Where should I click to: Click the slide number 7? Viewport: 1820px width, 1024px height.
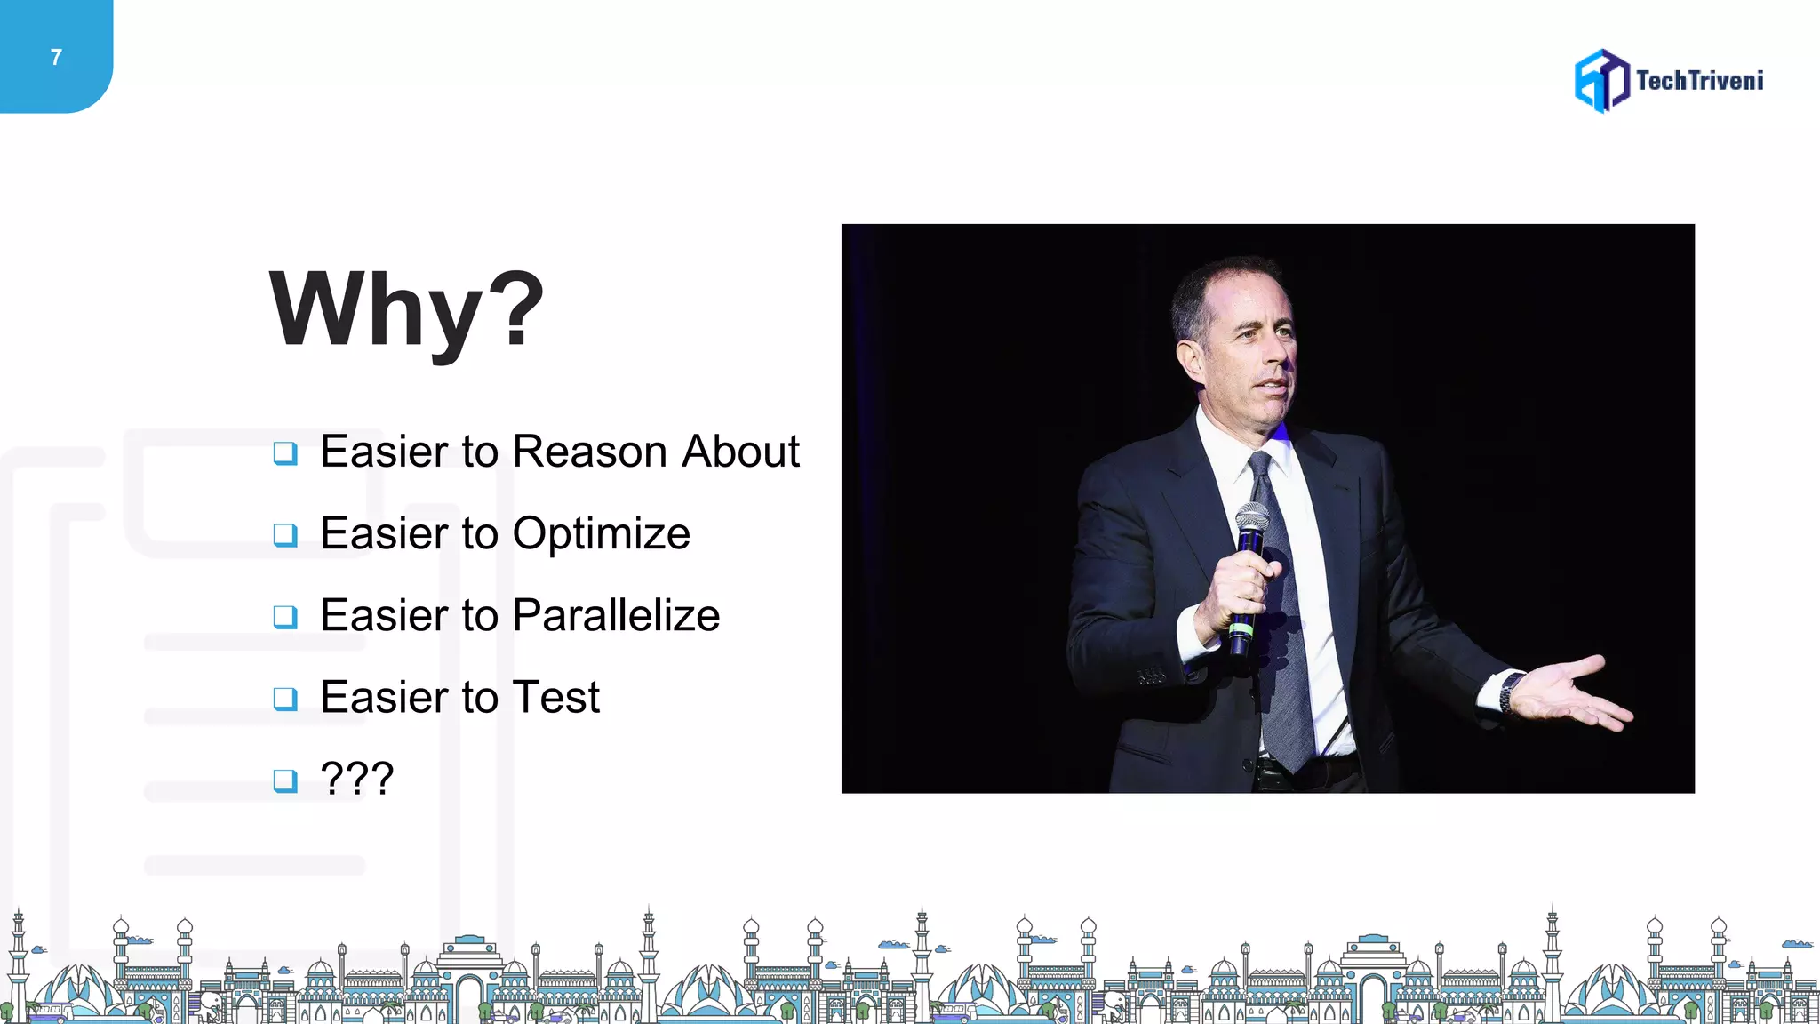[56, 58]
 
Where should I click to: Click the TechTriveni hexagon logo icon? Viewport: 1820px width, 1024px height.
[1601, 81]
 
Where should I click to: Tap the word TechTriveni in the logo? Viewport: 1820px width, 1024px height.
[1699, 81]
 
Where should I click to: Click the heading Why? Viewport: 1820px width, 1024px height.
[406, 309]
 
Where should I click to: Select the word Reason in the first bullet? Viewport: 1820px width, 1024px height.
[590, 452]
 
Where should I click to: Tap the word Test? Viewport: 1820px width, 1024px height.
[556, 697]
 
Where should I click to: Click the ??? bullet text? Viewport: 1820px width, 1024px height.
[356, 779]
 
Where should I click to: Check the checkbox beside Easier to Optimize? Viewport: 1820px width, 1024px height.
[285, 535]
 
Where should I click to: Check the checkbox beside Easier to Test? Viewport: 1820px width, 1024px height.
[285, 699]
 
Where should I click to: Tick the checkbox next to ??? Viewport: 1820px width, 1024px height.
[285, 780]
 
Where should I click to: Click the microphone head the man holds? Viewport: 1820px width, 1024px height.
[1252, 521]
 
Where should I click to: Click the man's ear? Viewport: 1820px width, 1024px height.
[1189, 360]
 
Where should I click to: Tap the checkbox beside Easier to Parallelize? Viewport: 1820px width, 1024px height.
[285, 617]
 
